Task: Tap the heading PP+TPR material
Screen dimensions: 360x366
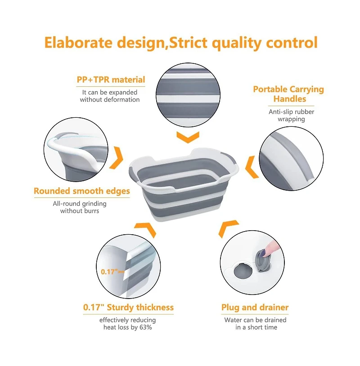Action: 111,80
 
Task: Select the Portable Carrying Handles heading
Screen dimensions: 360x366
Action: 288,94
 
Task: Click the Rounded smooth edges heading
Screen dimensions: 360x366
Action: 82,191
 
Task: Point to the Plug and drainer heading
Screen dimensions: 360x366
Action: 255,308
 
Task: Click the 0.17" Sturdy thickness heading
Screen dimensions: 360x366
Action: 128,308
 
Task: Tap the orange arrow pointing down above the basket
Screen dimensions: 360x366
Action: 188,137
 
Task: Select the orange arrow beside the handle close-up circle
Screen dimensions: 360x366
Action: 252,167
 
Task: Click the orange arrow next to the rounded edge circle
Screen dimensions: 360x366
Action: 117,157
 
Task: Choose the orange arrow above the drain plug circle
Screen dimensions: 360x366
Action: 228,228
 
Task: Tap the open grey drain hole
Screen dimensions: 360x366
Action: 243,271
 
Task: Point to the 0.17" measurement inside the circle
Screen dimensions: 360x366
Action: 109,272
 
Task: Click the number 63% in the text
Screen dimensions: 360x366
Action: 145,327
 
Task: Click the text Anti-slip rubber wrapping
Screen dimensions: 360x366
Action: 291,115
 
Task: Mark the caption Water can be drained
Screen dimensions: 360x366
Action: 255,320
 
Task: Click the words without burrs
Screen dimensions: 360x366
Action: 80,211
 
